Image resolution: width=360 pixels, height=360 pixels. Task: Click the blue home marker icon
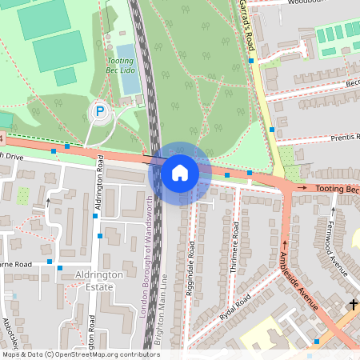click(x=180, y=172)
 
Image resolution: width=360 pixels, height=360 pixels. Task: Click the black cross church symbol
click(x=353, y=304)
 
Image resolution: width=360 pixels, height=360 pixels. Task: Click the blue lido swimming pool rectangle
click(x=128, y=81)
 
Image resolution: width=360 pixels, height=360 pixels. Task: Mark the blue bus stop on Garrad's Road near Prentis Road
click(x=272, y=129)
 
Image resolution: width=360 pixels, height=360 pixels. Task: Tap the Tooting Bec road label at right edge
click(x=338, y=189)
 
